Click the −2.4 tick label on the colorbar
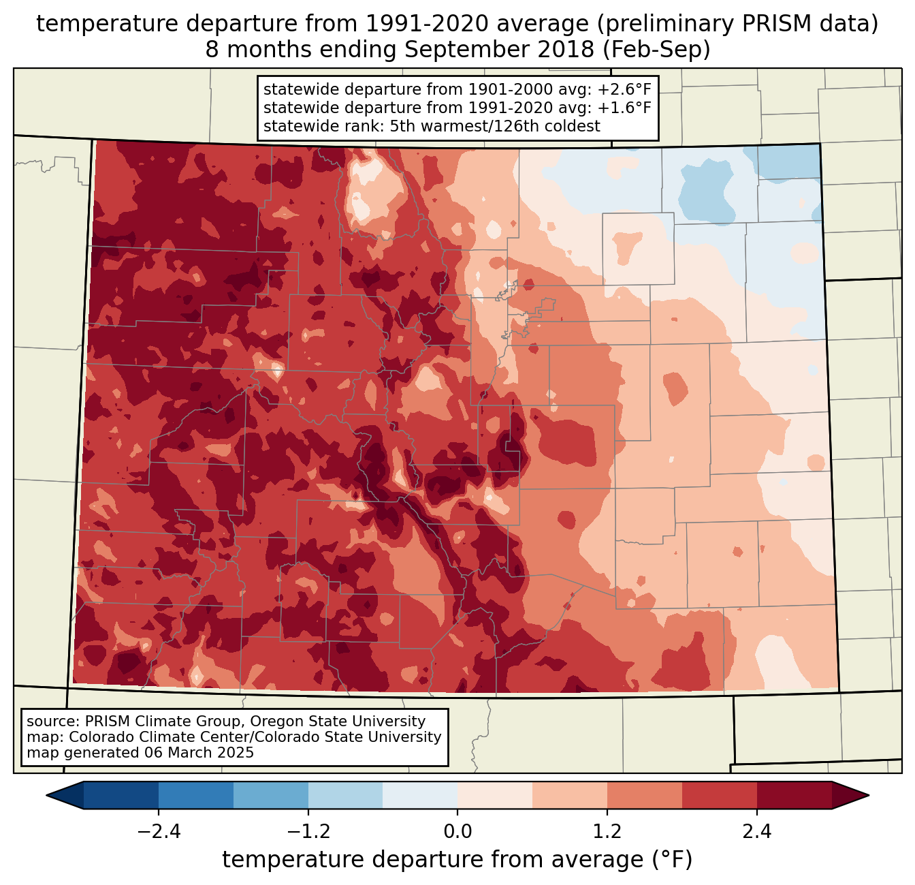159,832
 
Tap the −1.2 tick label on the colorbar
308,832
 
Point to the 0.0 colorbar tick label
457,832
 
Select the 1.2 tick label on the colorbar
607,832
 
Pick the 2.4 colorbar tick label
756,832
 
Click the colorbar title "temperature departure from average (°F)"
457,860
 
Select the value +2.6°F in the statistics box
624,90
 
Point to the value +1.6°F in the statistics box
624,108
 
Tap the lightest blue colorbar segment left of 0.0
420,795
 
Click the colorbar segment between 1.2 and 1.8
645,795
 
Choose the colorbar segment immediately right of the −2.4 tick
196,795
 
